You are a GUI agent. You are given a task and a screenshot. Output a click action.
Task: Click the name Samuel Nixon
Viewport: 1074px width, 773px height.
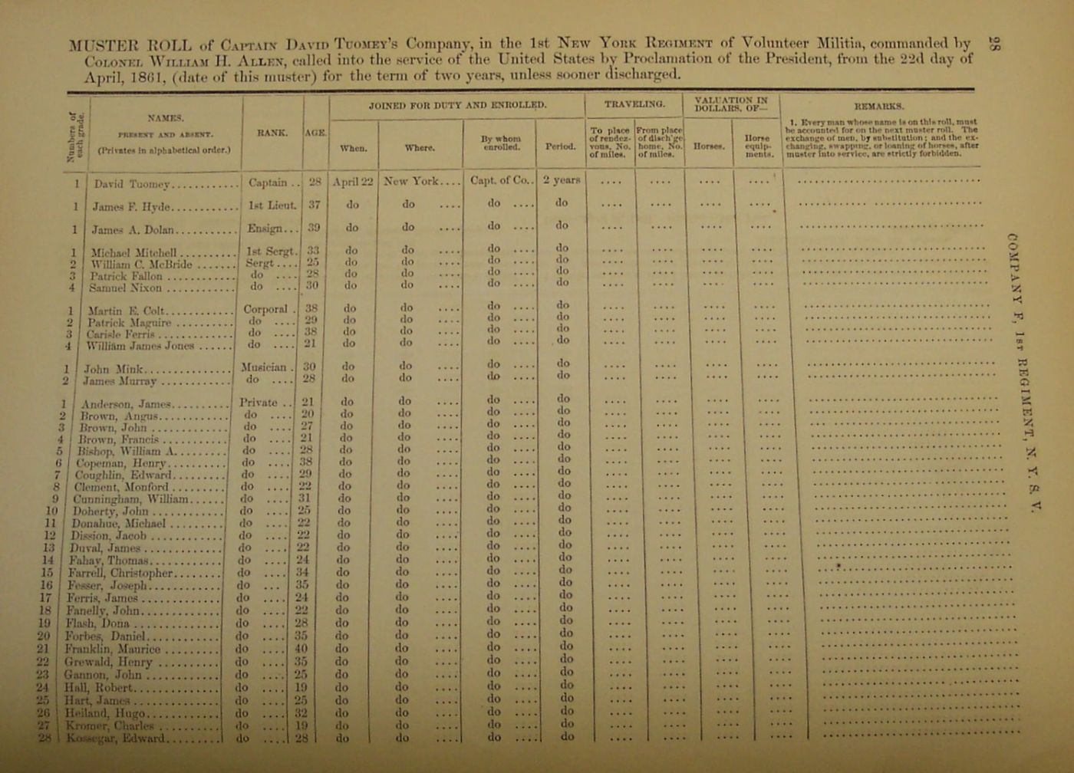coord(125,288)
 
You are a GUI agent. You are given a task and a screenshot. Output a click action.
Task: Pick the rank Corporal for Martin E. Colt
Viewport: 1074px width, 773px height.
coord(265,310)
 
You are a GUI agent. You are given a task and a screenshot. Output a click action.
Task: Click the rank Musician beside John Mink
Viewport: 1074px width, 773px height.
coord(264,367)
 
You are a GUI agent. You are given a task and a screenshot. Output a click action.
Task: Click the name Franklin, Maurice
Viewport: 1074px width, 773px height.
coord(113,649)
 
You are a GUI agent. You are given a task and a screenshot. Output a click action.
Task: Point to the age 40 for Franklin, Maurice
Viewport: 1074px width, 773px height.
coord(301,648)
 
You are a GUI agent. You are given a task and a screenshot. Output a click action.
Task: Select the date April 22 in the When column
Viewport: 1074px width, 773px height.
coord(353,182)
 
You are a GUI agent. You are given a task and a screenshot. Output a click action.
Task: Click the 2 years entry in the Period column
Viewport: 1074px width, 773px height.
coord(562,181)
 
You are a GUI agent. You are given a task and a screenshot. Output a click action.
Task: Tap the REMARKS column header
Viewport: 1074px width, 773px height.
coord(878,107)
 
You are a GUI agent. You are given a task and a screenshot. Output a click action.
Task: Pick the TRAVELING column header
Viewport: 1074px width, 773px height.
coord(634,103)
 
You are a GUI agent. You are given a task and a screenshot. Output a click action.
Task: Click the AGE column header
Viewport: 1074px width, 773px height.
coord(316,133)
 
